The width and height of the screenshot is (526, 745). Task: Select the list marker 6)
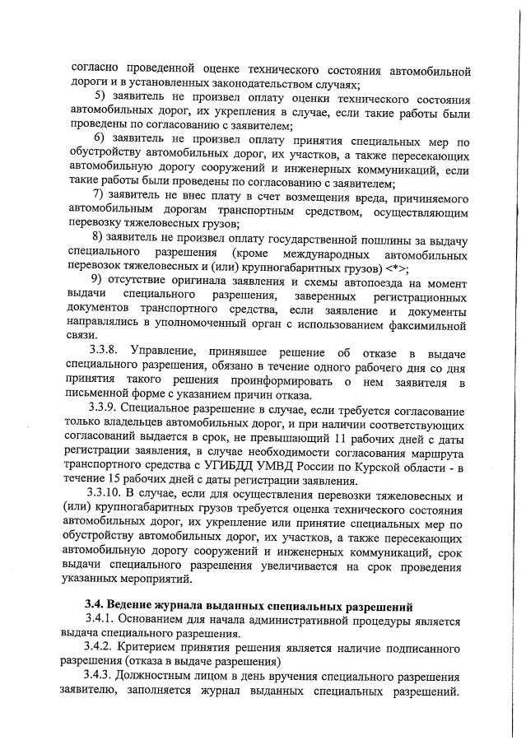[x=99, y=142]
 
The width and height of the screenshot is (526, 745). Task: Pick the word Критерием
[x=156, y=650]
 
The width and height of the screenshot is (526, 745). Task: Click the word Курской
[x=402, y=466]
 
